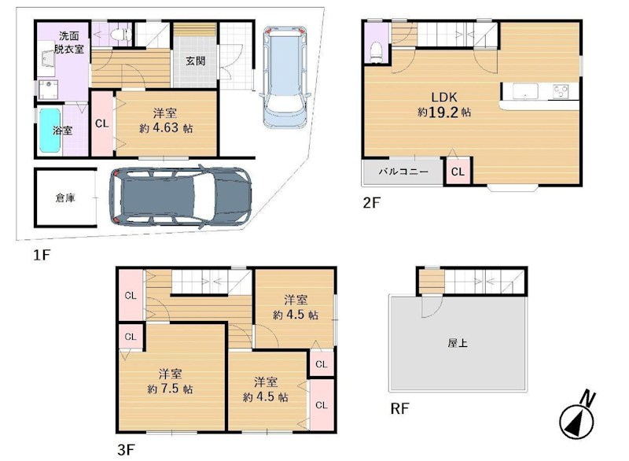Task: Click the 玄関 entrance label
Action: coord(195,61)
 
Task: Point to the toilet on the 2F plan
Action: coord(376,53)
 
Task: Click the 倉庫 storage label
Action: coord(65,197)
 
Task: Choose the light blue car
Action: coord(284,76)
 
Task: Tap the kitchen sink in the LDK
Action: coord(525,91)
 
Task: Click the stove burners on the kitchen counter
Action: coord(561,91)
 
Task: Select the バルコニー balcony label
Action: coord(403,171)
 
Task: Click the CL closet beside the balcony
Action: coord(458,171)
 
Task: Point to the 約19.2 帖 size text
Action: coord(444,112)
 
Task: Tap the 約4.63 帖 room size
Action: coord(166,128)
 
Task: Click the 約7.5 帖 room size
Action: coord(170,389)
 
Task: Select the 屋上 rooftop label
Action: coord(458,343)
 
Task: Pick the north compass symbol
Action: coord(577,417)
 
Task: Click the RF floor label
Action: coord(399,409)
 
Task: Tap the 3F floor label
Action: coord(126,450)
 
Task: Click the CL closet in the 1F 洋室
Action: coord(102,124)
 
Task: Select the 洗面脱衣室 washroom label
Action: coord(69,42)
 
